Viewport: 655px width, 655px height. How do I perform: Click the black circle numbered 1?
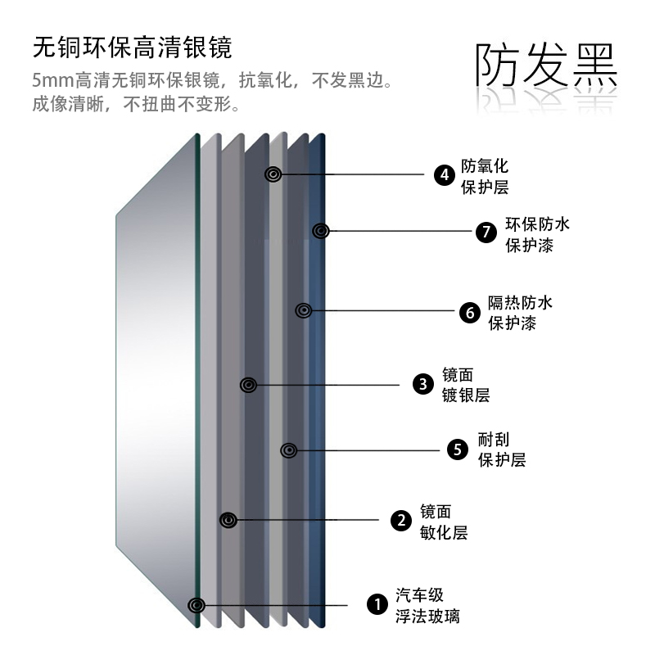coord(376,605)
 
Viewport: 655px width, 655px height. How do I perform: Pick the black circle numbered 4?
coord(444,174)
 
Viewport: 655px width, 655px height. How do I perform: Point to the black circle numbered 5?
coord(458,449)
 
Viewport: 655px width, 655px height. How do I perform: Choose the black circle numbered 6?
coord(468,312)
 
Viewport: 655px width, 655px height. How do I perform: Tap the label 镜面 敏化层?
coord(443,522)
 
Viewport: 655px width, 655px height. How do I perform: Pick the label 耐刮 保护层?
coord(501,449)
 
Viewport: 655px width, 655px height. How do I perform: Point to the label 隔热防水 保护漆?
coord(520,312)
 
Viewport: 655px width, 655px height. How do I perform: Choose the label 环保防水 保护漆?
coord(537,233)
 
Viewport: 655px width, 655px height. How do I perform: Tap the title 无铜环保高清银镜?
coord(132,47)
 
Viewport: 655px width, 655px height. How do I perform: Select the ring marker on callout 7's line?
coord(321,231)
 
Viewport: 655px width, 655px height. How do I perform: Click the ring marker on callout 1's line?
coord(196,605)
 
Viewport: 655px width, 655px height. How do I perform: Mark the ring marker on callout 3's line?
coord(249,384)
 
